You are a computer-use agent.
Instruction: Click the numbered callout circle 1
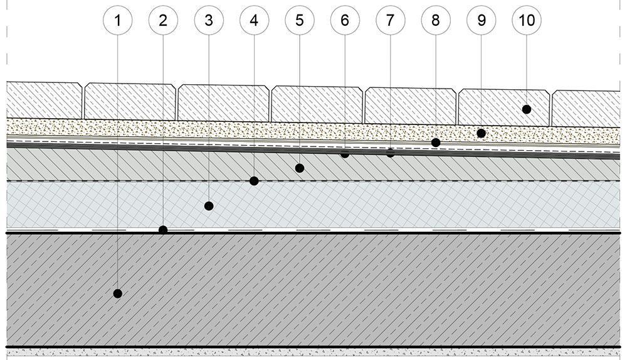coord(117,20)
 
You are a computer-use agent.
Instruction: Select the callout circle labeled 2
coord(163,20)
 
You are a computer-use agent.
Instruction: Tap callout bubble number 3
coord(209,20)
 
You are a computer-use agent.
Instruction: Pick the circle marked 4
coord(254,20)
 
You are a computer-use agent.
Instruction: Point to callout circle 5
coord(299,20)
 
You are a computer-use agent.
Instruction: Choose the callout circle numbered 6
coord(344,20)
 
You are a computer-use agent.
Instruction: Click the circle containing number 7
coord(390,20)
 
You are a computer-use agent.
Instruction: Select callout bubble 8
coord(436,20)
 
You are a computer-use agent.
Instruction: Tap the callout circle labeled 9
coord(481,20)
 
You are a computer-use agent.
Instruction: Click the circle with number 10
coord(527,20)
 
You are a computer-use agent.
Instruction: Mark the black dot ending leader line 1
coord(117,293)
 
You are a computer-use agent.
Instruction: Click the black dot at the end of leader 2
coord(163,230)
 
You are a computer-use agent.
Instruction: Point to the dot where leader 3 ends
coord(209,205)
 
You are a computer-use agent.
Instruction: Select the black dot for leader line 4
coord(254,181)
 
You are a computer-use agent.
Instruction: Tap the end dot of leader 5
coord(299,168)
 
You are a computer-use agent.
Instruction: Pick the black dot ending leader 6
coord(344,154)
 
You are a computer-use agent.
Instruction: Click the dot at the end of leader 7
coord(390,153)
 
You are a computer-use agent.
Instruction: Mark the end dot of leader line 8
coord(436,143)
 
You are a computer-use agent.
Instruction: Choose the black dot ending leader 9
coord(481,133)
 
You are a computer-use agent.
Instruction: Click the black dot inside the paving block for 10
coord(527,109)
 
